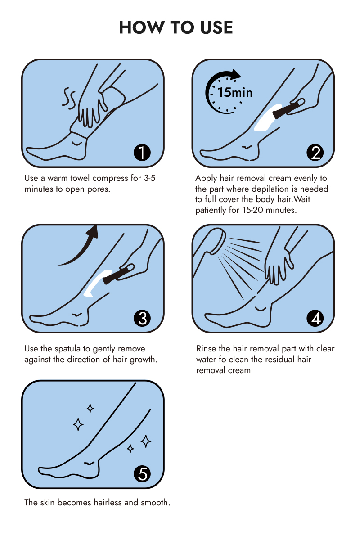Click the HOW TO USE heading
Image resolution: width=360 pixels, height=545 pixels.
tap(176, 27)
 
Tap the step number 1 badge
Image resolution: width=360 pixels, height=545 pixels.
tap(142, 153)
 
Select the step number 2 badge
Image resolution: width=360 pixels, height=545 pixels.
tap(315, 153)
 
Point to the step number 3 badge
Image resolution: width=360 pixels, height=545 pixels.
tap(142, 318)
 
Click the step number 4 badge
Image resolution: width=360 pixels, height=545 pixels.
tap(315, 318)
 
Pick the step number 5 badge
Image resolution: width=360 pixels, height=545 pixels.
tap(142, 474)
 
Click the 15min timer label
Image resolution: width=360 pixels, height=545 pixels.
tap(235, 92)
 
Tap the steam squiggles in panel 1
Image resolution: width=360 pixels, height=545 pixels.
tap(69, 98)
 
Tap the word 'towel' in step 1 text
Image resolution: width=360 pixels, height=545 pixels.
tap(80, 178)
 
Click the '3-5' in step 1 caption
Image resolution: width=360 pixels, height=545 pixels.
tap(149, 178)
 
